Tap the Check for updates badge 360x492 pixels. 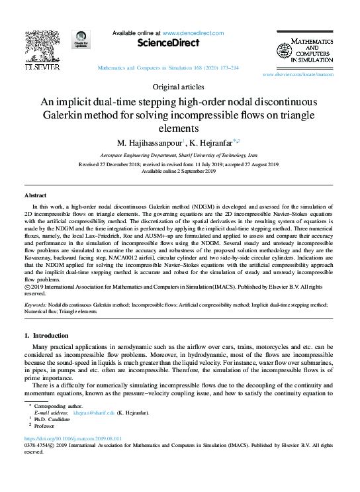point(81,40)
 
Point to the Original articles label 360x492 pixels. point(179,87)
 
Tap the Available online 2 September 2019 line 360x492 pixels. point(179,171)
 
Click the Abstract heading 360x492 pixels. point(36,196)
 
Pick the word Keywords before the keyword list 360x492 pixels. point(34,305)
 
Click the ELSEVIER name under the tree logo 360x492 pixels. point(42,67)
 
